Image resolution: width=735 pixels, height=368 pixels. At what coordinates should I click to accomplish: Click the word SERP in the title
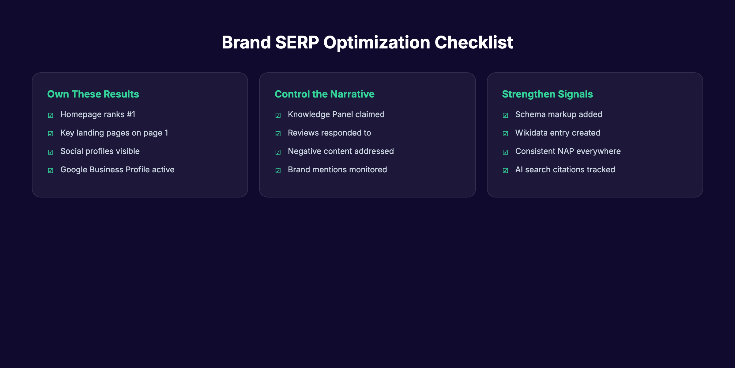(297, 42)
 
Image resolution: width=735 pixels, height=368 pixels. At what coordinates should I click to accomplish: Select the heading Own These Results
(93, 94)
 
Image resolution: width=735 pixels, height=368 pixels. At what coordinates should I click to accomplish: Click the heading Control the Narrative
(324, 94)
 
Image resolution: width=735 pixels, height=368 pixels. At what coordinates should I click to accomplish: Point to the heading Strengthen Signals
(547, 94)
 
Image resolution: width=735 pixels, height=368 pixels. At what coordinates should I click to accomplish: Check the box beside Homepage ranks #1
(51, 115)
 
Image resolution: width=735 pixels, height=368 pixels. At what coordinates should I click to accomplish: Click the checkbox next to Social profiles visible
(51, 152)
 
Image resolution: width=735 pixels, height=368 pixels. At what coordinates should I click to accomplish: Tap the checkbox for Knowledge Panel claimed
(278, 115)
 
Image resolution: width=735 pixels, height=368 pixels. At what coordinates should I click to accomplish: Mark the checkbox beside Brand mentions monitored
(278, 171)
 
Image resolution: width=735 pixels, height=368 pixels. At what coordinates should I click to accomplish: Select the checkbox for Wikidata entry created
(505, 134)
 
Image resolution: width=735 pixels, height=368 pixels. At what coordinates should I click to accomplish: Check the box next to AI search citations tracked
(505, 171)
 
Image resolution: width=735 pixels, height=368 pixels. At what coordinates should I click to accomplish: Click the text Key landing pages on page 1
(114, 133)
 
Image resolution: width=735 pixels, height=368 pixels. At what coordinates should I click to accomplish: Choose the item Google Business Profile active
(117, 170)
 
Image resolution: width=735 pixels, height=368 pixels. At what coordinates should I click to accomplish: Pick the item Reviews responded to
(329, 133)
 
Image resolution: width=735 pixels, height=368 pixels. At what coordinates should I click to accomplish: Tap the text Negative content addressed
(341, 151)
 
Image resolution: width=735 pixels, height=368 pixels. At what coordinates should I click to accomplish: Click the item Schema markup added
(559, 114)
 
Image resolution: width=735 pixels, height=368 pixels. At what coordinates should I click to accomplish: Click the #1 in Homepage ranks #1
(131, 114)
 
